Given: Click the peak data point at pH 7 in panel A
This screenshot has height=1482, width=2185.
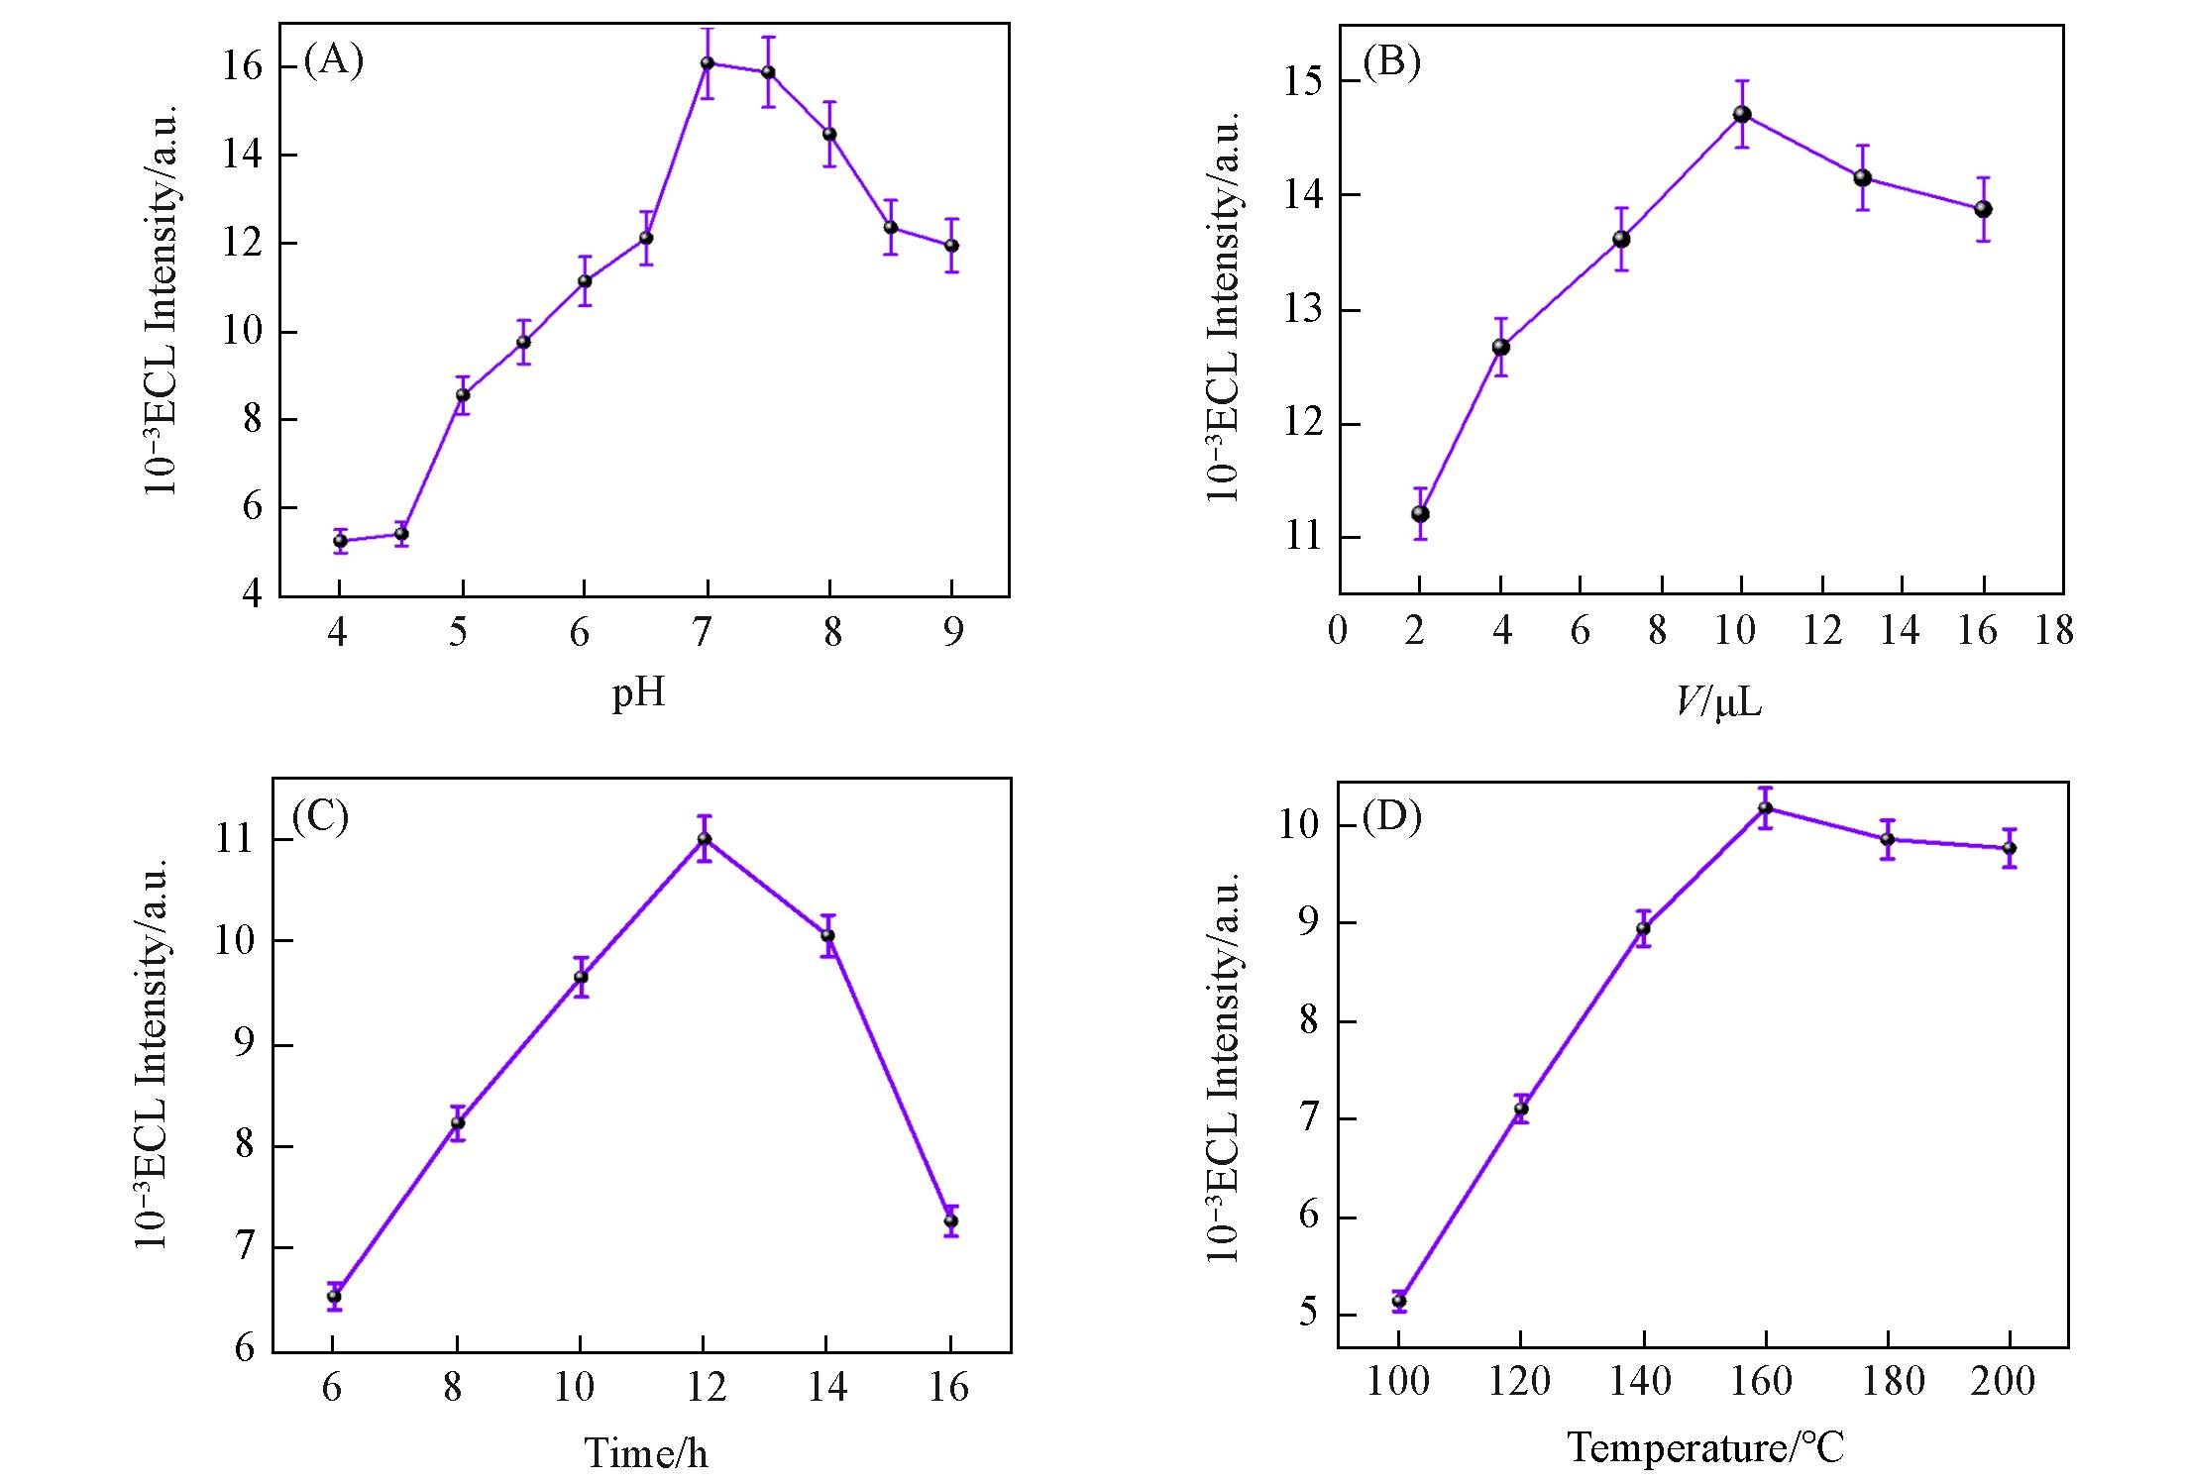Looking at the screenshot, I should pyautogui.click(x=707, y=63).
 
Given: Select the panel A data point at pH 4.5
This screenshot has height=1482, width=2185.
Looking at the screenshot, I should pyautogui.click(x=401, y=534).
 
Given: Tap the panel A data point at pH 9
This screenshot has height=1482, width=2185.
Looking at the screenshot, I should pyautogui.click(x=951, y=245).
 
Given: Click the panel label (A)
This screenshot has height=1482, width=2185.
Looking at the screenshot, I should pyautogui.click(x=333, y=61).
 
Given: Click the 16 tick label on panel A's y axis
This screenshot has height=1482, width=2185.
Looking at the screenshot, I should pyautogui.click(x=241, y=67).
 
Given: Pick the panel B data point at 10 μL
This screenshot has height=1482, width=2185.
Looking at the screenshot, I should pyautogui.click(x=1741, y=114).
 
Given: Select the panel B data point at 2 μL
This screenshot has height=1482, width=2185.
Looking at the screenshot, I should pyautogui.click(x=1419, y=513).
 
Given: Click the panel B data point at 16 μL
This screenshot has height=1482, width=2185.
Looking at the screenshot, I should pyautogui.click(x=1982, y=209).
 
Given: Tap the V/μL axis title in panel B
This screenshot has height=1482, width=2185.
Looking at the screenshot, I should pyautogui.click(x=1719, y=702).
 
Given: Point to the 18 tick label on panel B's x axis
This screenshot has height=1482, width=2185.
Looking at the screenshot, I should pyautogui.click(x=2053, y=631).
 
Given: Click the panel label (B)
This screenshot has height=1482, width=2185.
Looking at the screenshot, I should pyautogui.click(x=1391, y=61).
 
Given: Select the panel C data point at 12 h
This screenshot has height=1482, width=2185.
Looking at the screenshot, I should pyautogui.click(x=705, y=839).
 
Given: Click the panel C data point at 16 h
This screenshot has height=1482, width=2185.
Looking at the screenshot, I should pyautogui.click(x=950, y=1221).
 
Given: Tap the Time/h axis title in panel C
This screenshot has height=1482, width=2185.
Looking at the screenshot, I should pyautogui.click(x=646, y=1453).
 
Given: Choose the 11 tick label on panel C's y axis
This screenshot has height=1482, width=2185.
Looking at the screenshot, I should pyautogui.click(x=236, y=840).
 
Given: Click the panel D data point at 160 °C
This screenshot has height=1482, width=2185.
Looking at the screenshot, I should pyautogui.click(x=1765, y=808).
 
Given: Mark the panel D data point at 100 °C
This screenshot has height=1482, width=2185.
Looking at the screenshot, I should pyautogui.click(x=1398, y=1301).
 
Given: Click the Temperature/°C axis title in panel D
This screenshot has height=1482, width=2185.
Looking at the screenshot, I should pyautogui.click(x=1704, y=1448).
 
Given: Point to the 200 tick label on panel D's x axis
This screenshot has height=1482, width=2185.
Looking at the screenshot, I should pyautogui.click(x=2003, y=1381).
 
